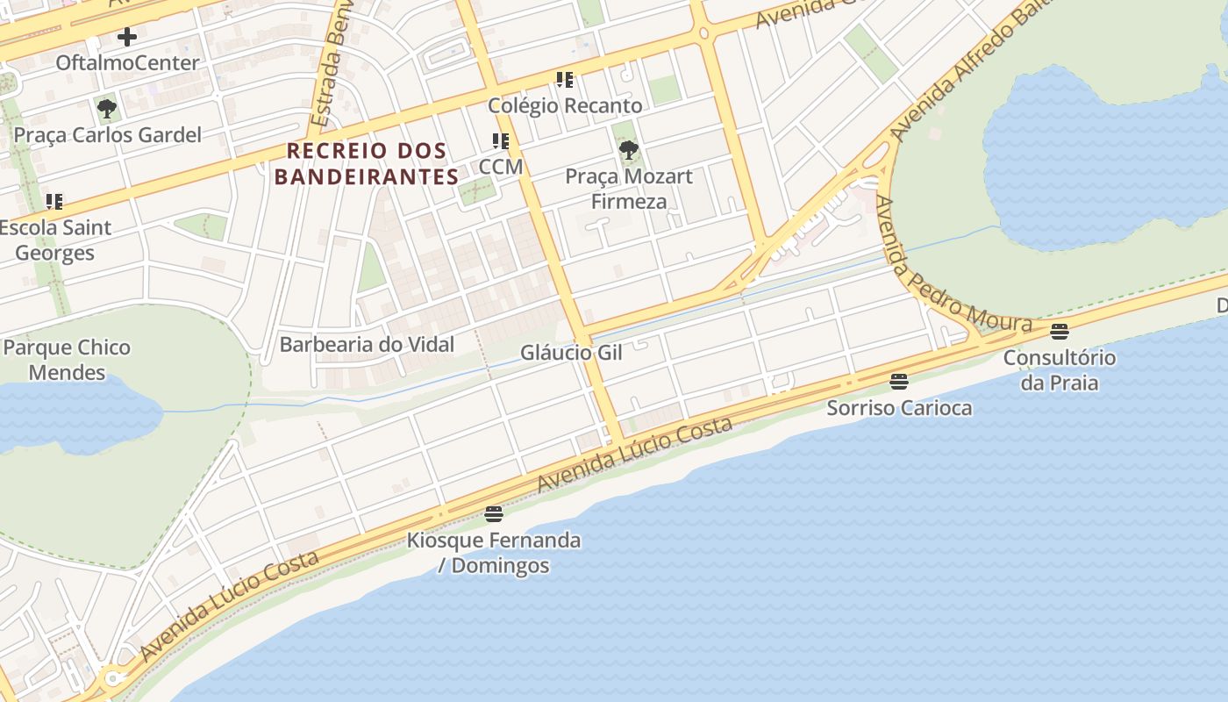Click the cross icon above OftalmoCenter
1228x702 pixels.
[x=127, y=37]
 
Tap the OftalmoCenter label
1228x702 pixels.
[x=127, y=63]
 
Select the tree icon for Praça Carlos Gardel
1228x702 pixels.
[x=107, y=109]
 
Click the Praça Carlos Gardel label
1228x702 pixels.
[x=107, y=135]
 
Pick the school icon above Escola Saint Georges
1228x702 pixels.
[x=54, y=202]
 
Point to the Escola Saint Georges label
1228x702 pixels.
[x=55, y=240]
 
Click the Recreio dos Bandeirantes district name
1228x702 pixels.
[x=367, y=164]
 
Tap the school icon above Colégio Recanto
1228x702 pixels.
[x=565, y=80]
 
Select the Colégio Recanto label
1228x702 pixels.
[x=565, y=106]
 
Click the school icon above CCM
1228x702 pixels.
[x=501, y=141]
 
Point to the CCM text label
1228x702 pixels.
[x=501, y=167]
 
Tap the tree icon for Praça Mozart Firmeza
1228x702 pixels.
[x=628, y=150]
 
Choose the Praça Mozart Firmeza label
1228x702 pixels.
[x=628, y=189]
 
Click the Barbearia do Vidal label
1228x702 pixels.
[x=367, y=345]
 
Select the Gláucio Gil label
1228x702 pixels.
[x=571, y=353]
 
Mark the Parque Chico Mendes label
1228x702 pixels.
[x=67, y=360]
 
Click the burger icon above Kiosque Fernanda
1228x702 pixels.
[x=494, y=513]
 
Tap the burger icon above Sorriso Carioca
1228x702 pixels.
[x=898, y=381]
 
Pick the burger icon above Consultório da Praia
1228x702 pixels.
[x=1060, y=331]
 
